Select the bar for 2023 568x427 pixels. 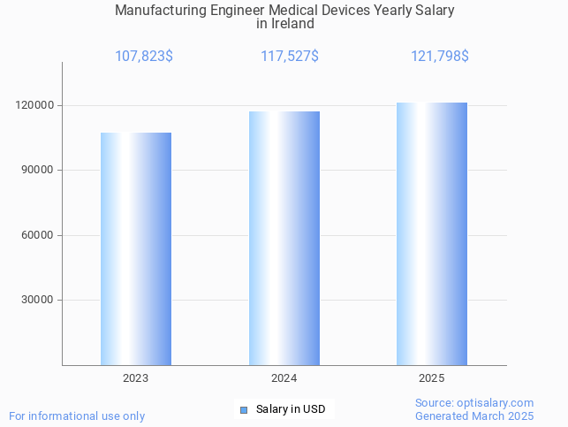tap(136, 248)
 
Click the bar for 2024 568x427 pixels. tap(284, 238)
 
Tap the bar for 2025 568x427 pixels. tap(432, 233)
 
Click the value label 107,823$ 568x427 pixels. tap(144, 57)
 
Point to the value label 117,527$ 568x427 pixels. tap(290, 57)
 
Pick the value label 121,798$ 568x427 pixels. tap(439, 57)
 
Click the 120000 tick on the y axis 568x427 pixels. tap(35, 105)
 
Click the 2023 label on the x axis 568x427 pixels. tap(136, 378)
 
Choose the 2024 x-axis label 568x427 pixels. tap(284, 378)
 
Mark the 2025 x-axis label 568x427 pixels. tap(432, 378)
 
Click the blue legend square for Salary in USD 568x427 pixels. tap(244, 409)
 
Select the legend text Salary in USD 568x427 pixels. tap(291, 409)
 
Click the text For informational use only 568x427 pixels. tap(77, 416)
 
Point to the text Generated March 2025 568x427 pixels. tap(474, 416)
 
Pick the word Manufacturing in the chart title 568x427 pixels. tap(160, 11)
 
